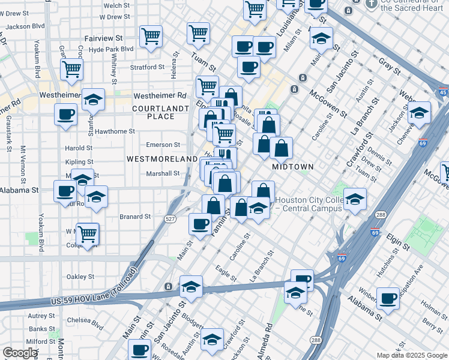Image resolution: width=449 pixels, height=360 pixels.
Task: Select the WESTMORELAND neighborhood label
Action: point(162,158)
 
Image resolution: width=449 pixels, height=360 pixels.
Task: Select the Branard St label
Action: point(135,217)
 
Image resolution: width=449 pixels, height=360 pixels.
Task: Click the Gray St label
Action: point(390,66)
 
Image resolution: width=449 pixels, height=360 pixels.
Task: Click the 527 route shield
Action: point(171,220)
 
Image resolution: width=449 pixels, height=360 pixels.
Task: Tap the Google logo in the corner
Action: point(20,353)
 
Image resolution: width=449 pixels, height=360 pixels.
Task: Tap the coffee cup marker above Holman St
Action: point(388,298)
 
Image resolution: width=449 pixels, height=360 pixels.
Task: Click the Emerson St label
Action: point(163,145)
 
